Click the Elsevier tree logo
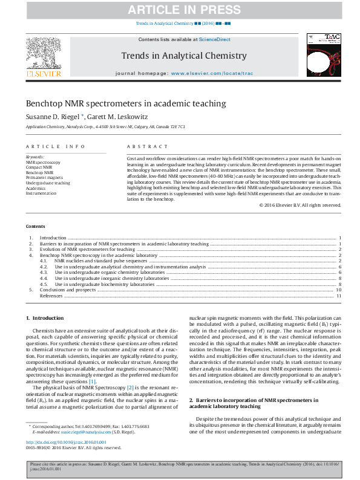pyautogui.click(x=43, y=54)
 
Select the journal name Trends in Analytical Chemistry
pyautogui.click(x=184, y=56)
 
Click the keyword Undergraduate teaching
pyautogui.click(x=48, y=183)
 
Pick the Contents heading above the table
pyautogui.click(x=35, y=226)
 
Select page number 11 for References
pyautogui.click(x=339, y=296)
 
